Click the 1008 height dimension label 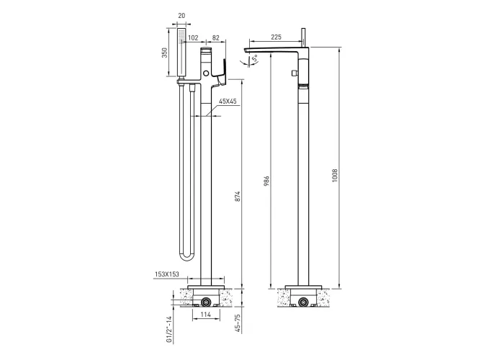pos(336,176)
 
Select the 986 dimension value pos(266,181)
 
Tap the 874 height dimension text pos(238,197)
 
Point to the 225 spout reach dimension pos(276,37)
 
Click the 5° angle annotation pos(254,58)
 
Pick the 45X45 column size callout pos(228,102)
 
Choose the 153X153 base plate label pos(167,274)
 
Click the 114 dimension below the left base pos(205,315)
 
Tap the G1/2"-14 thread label pos(169,329)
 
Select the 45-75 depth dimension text pos(238,323)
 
